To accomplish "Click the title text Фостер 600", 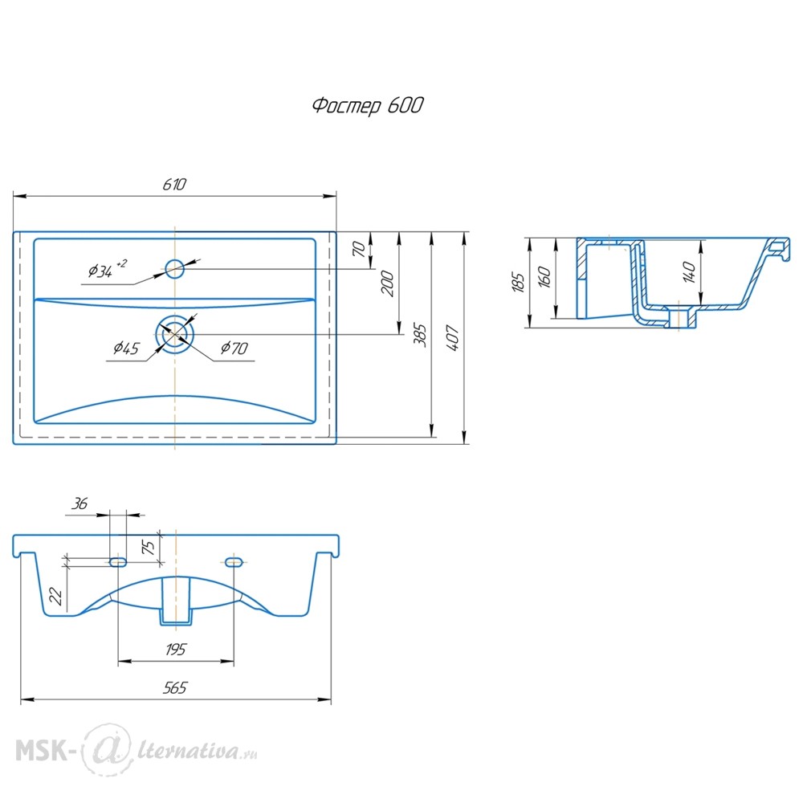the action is (x=368, y=105).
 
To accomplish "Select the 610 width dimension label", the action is (x=174, y=185).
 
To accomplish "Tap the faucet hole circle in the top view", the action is (x=174, y=268).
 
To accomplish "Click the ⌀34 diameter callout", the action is (x=107, y=269).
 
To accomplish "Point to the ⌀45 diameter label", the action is (x=126, y=349).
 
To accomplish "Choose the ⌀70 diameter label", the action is (x=234, y=349).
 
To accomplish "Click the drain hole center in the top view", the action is (x=175, y=334).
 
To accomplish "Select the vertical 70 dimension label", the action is (x=360, y=250).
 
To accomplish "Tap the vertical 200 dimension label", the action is (x=388, y=284).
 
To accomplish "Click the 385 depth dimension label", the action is (x=420, y=335).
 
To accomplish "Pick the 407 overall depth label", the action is (x=453, y=338).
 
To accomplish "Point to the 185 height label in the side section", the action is (x=518, y=282).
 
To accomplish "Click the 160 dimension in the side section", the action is (x=544, y=277).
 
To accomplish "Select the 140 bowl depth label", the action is (x=689, y=272).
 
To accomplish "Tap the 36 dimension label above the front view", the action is (x=79, y=504).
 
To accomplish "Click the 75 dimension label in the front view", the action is (x=148, y=547).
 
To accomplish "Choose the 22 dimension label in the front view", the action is (x=55, y=596).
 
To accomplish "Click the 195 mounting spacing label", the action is (x=176, y=650).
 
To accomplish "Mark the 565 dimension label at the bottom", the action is (x=175, y=688).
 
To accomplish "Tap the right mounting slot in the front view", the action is (x=234, y=562).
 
